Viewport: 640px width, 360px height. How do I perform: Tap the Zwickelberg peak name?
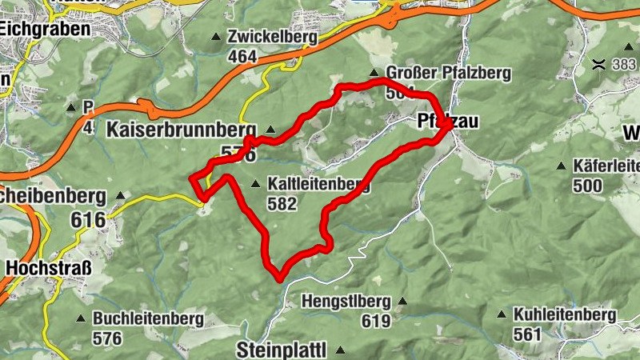pos(272,37)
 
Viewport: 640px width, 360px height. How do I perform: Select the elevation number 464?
pos(242,56)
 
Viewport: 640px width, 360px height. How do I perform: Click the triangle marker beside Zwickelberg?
pos(216,37)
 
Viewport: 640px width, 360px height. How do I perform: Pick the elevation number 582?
pos(282,204)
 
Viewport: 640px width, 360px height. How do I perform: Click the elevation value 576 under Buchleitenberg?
pos(107,338)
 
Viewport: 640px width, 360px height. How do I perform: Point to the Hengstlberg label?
pos(346,302)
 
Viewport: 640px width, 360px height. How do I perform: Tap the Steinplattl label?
pos(283,350)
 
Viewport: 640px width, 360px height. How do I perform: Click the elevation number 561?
pos(529,334)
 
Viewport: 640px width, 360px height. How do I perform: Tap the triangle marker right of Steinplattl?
pos(340,350)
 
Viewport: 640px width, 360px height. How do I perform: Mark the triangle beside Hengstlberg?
pos(402,302)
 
